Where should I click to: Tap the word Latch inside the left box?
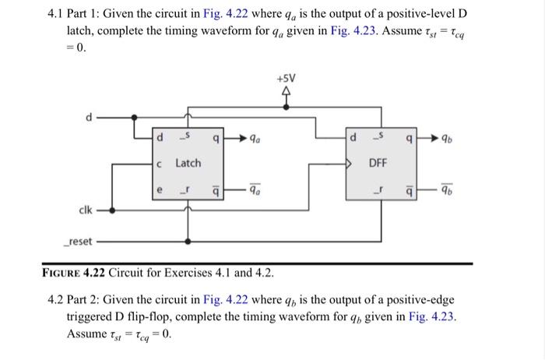(x=187, y=163)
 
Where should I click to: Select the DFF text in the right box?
(x=378, y=163)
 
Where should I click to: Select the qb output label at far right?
(x=446, y=140)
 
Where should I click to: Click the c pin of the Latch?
(x=159, y=164)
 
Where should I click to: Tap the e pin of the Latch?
(x=159, y=187)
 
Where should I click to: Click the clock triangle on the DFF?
(x=351, y=164)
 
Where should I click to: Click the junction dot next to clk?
(x=115, y=210)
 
